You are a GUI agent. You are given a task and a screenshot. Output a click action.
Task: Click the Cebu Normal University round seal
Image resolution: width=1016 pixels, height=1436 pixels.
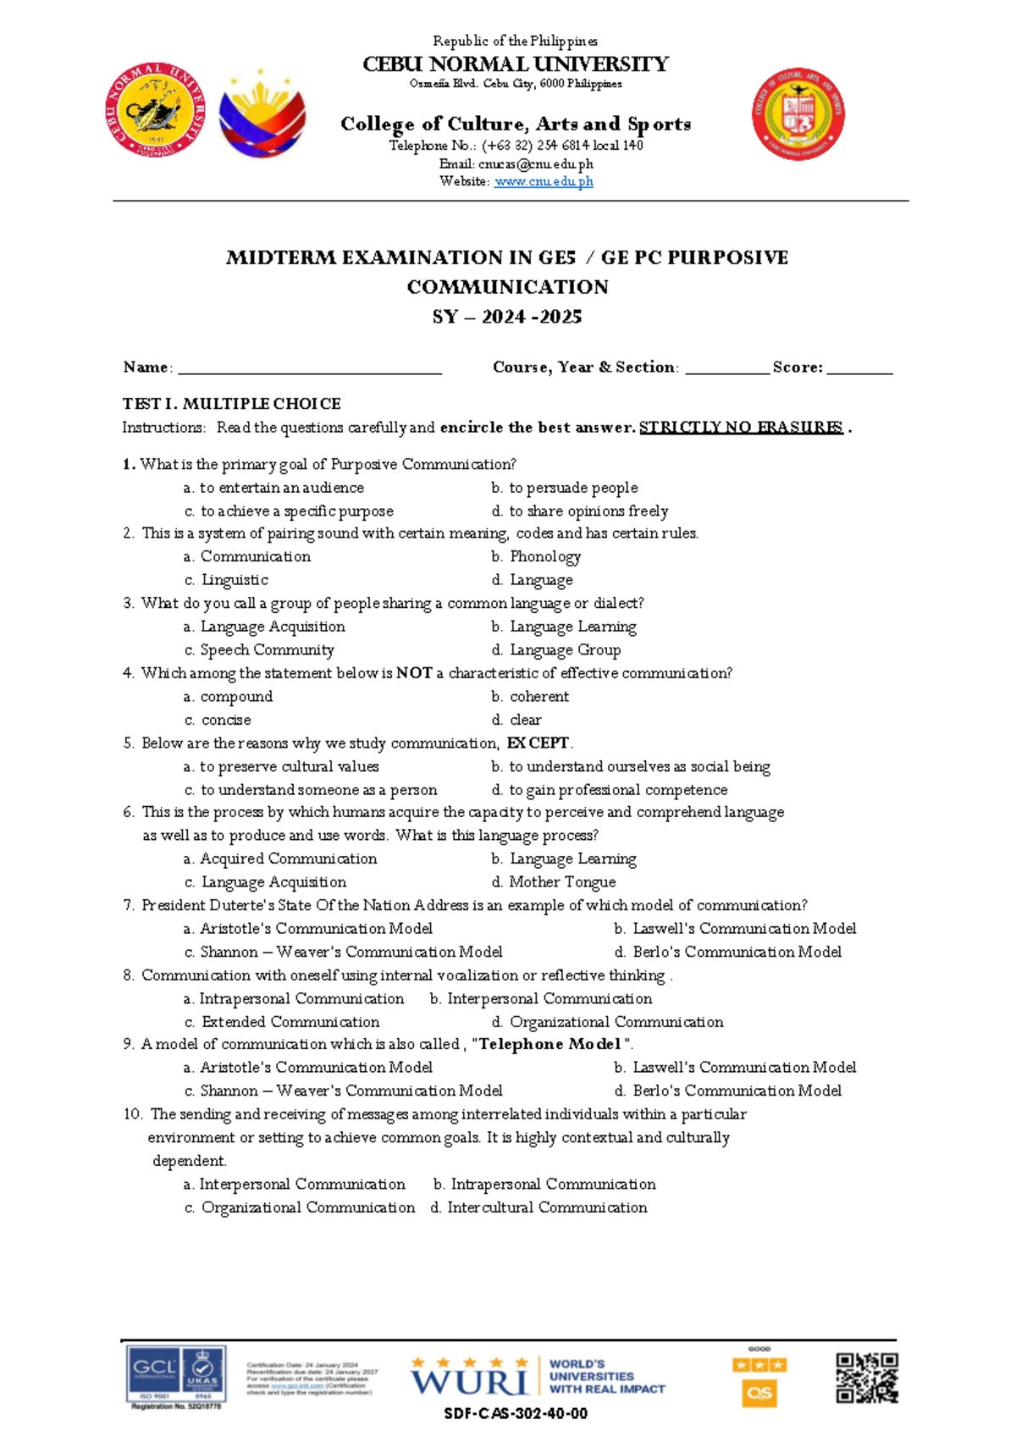[x=155, y=110]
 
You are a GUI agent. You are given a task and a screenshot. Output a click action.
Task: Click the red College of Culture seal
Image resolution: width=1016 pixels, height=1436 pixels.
[x=798, y=113]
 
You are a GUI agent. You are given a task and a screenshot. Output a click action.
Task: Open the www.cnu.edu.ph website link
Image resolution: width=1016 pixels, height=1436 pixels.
[x=543, y=181]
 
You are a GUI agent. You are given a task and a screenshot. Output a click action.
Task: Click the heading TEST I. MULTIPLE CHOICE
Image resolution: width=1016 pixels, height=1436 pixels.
[x=231, y=404]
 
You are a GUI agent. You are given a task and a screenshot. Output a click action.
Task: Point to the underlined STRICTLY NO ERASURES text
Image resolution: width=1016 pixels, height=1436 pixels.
[x=741, y=428]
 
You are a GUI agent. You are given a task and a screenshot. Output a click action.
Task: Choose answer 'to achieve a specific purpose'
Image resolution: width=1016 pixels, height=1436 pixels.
[x=296, y=511]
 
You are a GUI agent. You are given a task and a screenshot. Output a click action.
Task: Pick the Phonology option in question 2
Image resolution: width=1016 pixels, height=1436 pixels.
[x=544, y=557]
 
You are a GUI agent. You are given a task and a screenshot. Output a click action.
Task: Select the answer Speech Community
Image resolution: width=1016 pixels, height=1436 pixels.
[x=267, y=650]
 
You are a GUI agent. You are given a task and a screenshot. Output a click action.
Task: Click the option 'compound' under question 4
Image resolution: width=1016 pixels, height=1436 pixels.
[x=236, y=697]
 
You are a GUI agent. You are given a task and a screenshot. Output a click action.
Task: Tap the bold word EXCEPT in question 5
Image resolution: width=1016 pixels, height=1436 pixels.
[x=538, y=743]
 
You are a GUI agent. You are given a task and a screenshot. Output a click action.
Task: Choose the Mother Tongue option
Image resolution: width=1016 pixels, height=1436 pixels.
[x=562, y=882]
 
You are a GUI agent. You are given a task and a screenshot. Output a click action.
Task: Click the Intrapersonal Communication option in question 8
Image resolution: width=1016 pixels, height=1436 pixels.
[x=301, y=999]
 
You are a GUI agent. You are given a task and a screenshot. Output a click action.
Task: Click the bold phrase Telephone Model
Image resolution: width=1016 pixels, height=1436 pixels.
[x=550, y=1045]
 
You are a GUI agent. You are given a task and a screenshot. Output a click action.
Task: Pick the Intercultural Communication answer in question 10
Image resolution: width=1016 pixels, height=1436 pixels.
[x=547, y=1208]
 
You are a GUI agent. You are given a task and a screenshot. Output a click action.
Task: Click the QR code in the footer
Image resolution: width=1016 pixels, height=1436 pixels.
[x=866, y=1378]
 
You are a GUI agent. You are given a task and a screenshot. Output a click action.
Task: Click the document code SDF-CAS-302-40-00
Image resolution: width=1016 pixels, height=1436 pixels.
[x=516, y=1414]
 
